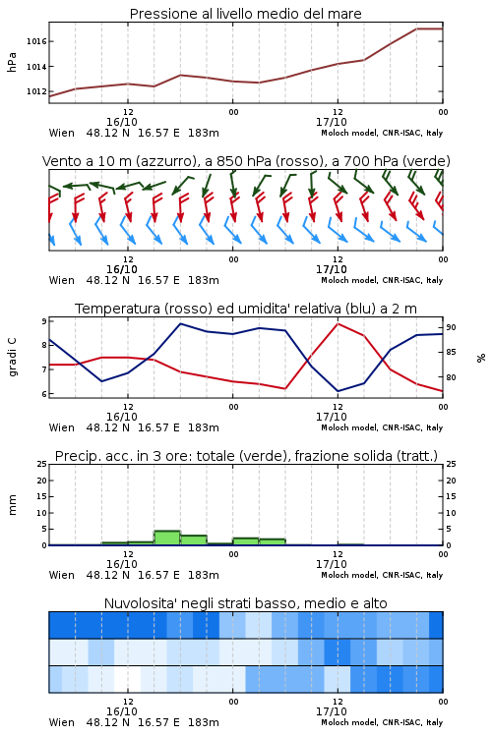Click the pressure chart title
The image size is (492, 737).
(x=245, y=14)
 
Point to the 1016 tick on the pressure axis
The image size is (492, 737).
(x=36, y=41)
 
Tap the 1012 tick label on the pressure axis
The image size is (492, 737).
(x=36, y=91)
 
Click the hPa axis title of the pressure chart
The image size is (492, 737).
(x=12, y=62)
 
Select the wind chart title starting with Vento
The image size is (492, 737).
(x=246, y=161)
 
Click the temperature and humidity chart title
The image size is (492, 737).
(x=246, y=309)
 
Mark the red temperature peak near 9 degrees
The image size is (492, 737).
(x=338, y=324)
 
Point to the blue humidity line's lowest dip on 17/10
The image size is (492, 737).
(x=338, y=391)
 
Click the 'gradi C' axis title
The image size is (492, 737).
(x=12, y=357)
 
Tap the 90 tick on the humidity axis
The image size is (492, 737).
(x=451, y=327)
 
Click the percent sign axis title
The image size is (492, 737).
(x=481, y=358)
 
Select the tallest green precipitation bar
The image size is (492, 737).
(x=167, y=538)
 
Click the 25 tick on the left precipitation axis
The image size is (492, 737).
(x=42, y=464)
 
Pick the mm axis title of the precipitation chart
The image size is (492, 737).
(x=12, y=504)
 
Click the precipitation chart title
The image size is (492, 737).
(x=246, y=456)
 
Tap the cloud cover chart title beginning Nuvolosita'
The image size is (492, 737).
(x=245, y=603)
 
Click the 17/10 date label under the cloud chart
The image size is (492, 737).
(x=332, y=711)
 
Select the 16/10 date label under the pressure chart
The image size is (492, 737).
(x=122, y=122)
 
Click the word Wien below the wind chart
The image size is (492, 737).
(x=62, y=280)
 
